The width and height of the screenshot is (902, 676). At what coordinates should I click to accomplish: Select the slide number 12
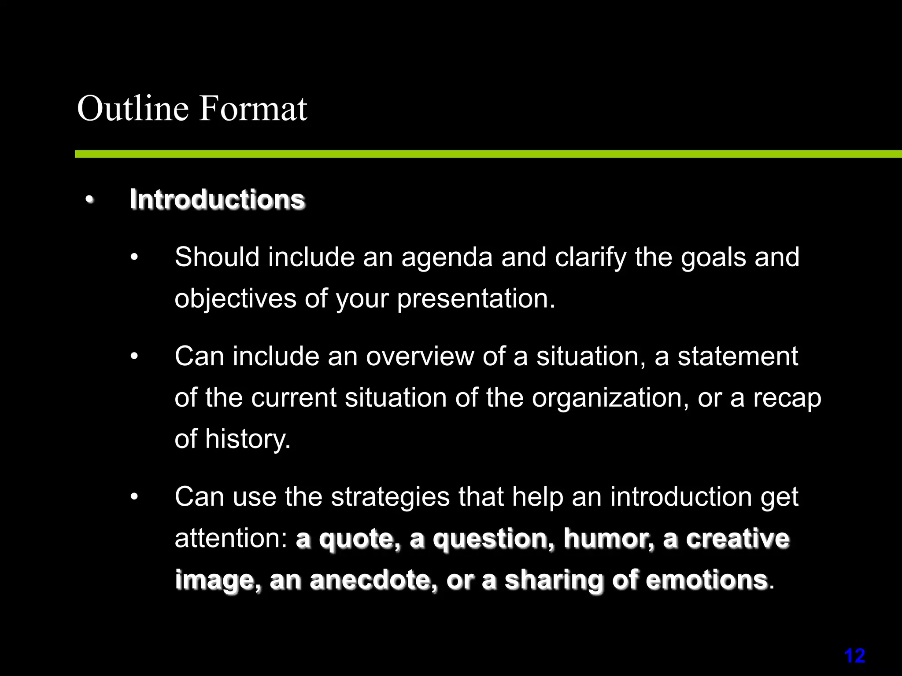tap(854, 656)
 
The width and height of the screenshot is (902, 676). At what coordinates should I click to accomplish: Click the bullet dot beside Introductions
tap(90, 200)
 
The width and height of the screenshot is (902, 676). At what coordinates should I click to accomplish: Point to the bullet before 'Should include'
tap(134, 257)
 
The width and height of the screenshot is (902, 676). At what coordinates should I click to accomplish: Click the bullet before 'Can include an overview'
tap(134, 356)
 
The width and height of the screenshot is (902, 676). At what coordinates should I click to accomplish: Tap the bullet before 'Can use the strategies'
tap(134, 497)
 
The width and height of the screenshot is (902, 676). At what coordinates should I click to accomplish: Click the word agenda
tap(447, 258)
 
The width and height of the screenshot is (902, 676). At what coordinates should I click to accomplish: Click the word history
tap(248, 439)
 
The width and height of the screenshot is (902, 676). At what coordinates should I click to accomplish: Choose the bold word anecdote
tap(373, 580)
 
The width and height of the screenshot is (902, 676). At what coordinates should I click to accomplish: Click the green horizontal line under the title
tap(484, 154)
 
